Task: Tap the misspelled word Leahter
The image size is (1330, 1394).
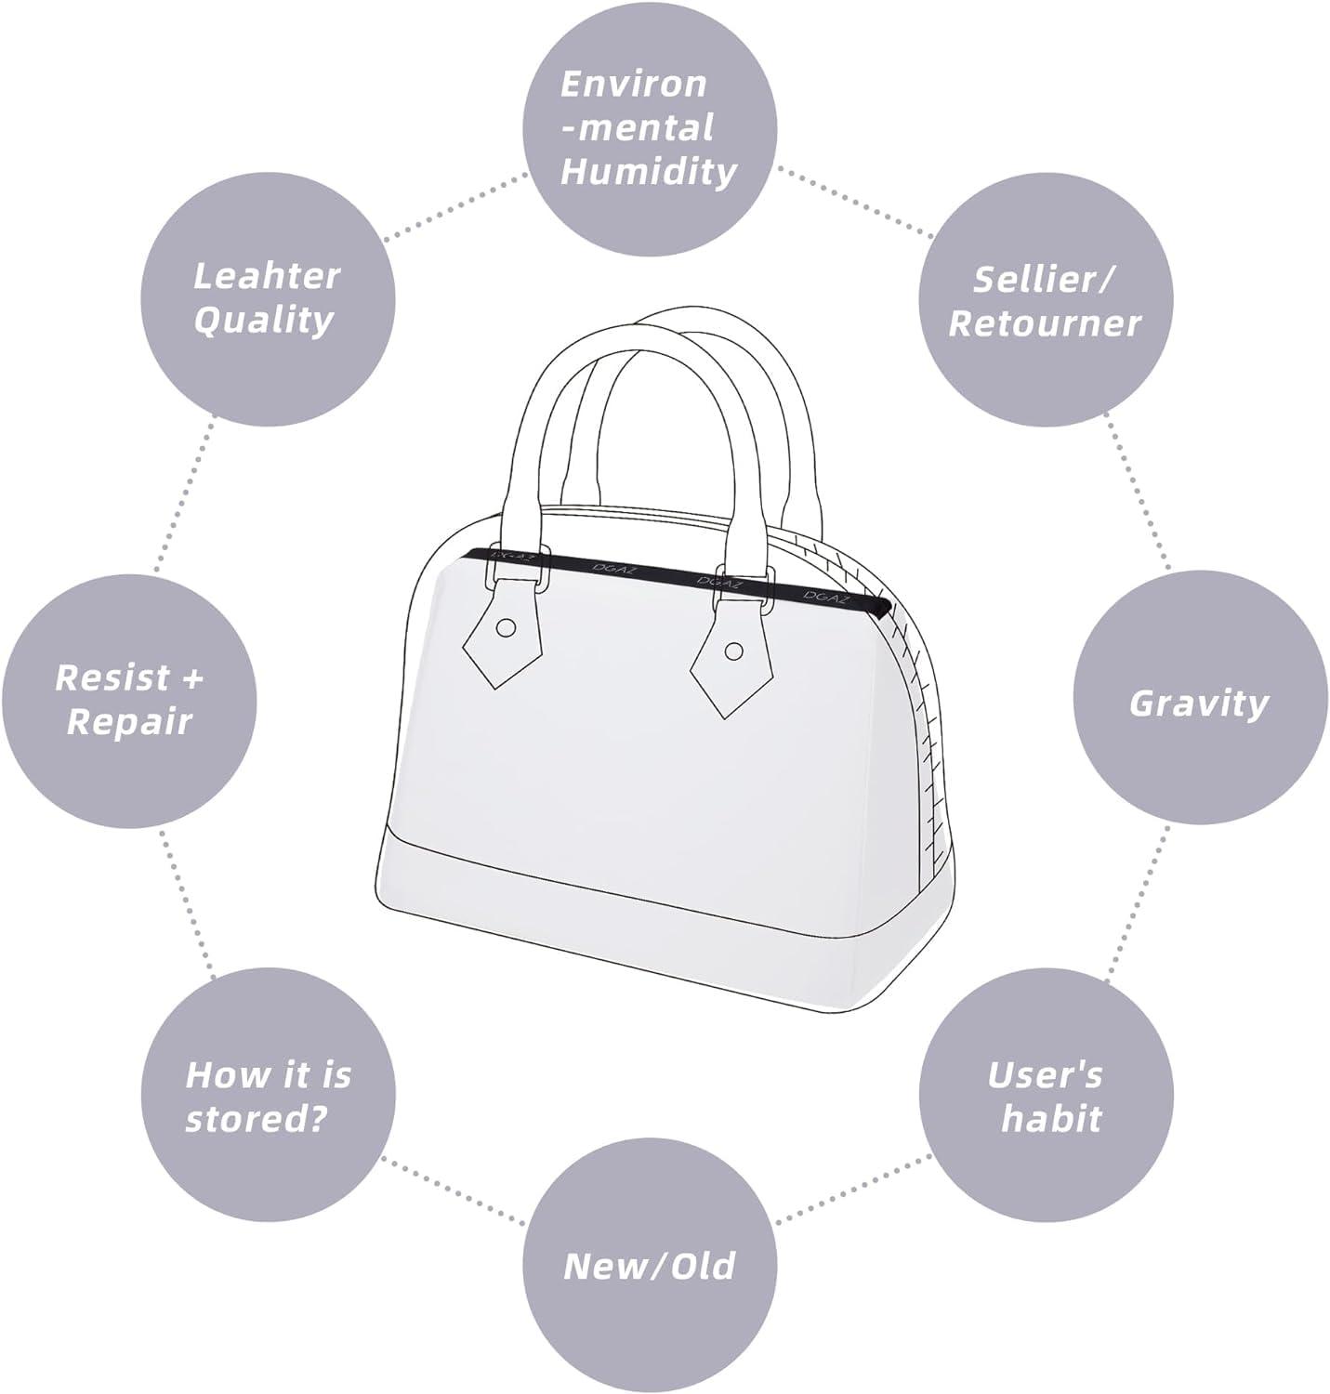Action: [x=267, y=275]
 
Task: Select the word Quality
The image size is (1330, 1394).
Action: [x=263, y=322]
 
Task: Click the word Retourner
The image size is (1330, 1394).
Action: [x=1044, y=324]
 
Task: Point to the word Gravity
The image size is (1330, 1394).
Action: [x=1199, y=704]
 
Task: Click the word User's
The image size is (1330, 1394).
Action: [x=1046, y=1075]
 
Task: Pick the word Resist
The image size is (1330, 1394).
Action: [x=112, y=677]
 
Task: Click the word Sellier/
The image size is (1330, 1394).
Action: [x=1044, y=280]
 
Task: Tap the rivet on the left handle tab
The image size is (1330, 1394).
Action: [x=506, y=627]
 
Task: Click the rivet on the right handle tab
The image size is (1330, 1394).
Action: [x=734, y=651]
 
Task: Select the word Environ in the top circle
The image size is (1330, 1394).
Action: [x=634, y=85]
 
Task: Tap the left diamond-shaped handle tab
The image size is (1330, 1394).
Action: [x=503, y=633]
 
